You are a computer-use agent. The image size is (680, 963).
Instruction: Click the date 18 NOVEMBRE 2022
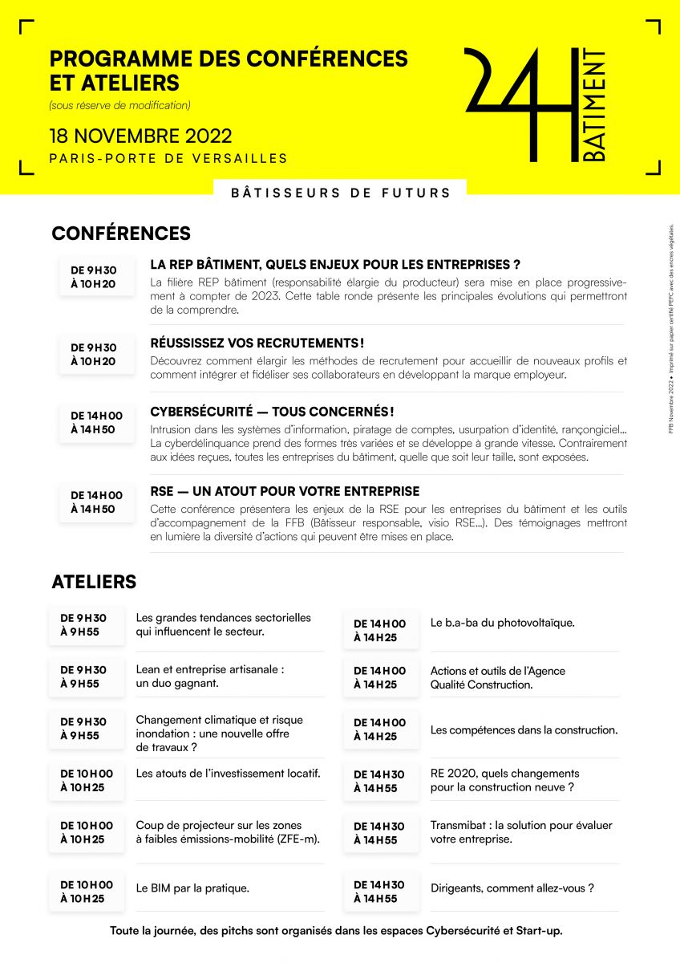point(140,136)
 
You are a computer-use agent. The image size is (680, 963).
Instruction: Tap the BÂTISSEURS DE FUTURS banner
point(341,193)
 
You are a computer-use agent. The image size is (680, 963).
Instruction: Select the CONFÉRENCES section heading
point(121,234)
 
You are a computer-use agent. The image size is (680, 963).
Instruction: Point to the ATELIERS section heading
point(94,582)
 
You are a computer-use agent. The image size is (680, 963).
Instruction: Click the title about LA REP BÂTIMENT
point(335,265)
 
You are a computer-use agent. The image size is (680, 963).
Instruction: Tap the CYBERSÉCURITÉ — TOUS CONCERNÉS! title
point(272,412)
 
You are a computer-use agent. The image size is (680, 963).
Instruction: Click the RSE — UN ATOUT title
point(285,491)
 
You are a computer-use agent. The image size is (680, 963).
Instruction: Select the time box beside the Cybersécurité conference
point(97,423)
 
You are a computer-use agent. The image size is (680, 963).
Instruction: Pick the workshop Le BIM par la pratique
point(192,888)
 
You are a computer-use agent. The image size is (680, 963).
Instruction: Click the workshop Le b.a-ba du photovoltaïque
point(502,623)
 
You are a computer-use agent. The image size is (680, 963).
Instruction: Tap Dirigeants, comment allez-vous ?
point(512,888)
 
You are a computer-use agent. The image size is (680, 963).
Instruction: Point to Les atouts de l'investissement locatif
point(228,774)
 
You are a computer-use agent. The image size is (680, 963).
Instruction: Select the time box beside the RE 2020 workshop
point(379,781)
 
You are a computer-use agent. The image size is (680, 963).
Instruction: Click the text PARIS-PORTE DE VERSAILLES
point(168,159)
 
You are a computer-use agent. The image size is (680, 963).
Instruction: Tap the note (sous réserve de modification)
point(119,105)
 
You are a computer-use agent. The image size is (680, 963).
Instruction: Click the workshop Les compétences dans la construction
point(524,730)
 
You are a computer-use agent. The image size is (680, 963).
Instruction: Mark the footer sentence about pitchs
point(336,931)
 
